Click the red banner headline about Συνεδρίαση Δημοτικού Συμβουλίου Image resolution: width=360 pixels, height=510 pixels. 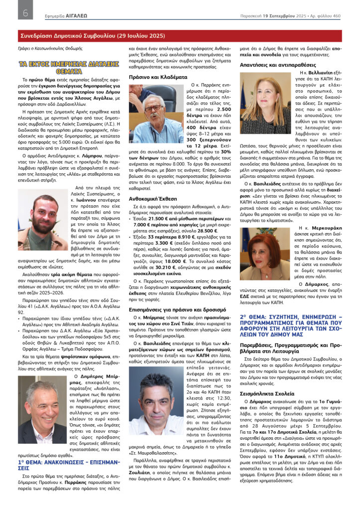(x=92, y=36)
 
